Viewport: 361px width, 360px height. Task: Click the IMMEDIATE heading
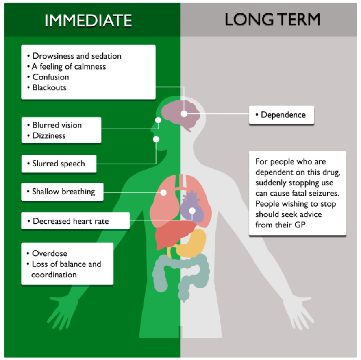tap(88, 20)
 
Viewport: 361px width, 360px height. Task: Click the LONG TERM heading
tap(272, 20)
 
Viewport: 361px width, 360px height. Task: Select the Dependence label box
tap(282, 115)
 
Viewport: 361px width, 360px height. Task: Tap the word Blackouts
tap(49, 87)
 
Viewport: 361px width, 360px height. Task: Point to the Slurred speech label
tap(59, 164)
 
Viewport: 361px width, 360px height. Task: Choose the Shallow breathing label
tap(63, 192)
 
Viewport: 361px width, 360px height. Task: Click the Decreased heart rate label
tap(71, 221)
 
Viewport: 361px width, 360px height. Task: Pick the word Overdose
tap(50, 253)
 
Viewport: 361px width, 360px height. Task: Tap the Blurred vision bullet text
tap(57, 125)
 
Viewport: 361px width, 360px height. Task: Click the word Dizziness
tap(49, 136)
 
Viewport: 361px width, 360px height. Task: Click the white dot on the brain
tap(184, 114)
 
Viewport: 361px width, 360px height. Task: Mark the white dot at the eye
tap(158, 120)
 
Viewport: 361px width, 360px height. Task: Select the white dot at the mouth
tap(156, 139)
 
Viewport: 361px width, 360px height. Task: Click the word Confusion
tap(51, 77)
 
